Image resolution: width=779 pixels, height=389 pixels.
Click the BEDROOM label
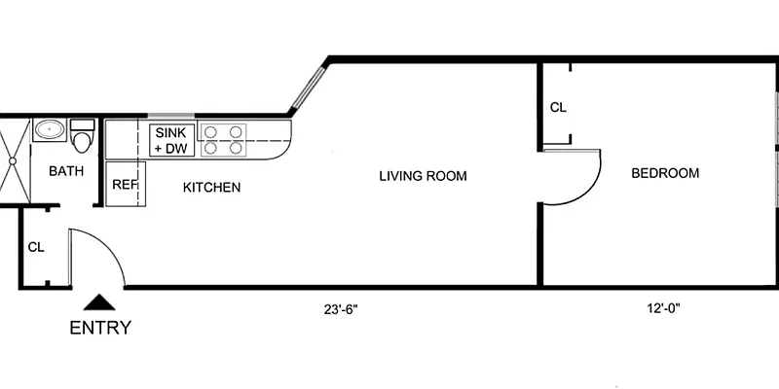[x=665, y=173]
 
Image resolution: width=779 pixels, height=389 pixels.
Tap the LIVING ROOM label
[x=423, y=176]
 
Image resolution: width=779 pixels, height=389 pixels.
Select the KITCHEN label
[x=211, y=187]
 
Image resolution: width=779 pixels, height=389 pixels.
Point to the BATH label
[x=66, y=171]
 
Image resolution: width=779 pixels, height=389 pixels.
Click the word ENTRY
[x=99, y=328]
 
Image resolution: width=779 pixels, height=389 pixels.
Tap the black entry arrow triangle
[x=97, y=303]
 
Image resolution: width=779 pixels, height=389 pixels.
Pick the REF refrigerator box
[x=124, y=184]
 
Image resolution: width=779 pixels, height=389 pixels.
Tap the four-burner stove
[x=222, y=140]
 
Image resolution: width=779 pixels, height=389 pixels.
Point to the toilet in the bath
[x=82, y=137]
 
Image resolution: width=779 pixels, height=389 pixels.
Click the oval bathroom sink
[x=49, y=130]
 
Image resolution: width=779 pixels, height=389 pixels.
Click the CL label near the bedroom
[x=558, y=108]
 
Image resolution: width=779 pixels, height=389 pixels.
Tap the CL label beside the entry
[x=36, y=247]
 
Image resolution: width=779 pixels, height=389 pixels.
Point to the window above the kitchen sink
[x=170, y=115]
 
